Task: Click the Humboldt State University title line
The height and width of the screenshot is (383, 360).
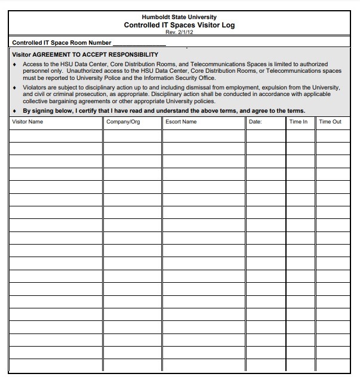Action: [x=179, y=17]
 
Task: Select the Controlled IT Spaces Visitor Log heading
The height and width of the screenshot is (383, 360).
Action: [x=179, y=25]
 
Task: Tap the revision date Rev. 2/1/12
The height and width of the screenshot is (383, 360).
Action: [x=179, y=32]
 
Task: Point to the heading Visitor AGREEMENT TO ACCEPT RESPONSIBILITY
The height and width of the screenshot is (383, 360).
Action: [x=85, y=54]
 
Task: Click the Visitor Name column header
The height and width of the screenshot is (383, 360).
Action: [x=27, y=122]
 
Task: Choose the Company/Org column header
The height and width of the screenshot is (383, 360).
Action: [x=123, y=122]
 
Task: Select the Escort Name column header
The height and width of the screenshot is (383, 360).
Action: [x=181, y=122]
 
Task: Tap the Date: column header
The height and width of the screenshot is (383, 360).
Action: [x=256, y=122]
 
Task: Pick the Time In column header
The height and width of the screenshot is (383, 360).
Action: [x=299, y=122]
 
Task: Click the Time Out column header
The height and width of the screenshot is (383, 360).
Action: [x=330, y=122]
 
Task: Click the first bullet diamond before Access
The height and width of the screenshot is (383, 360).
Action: [x=15, y=64]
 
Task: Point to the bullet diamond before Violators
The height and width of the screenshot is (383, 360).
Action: [x=15, y=87]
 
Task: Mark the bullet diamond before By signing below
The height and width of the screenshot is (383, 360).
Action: [x=15, y=111]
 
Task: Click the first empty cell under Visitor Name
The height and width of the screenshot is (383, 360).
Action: [x=56, y=135]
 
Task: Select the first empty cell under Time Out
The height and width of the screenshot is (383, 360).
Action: [x=333, y=135]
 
